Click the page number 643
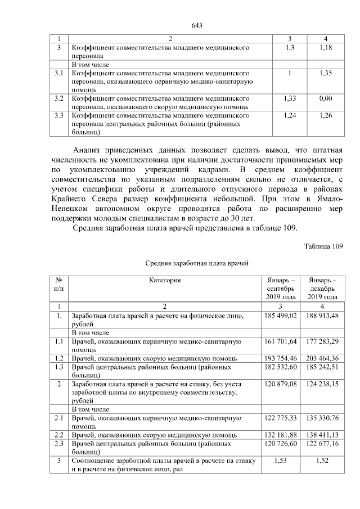tap(197, 26)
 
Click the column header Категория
tap(165, 280)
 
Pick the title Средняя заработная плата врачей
tap(197, 263)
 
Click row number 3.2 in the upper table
tap(58, 98)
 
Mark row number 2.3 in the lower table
tap(58, 444)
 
